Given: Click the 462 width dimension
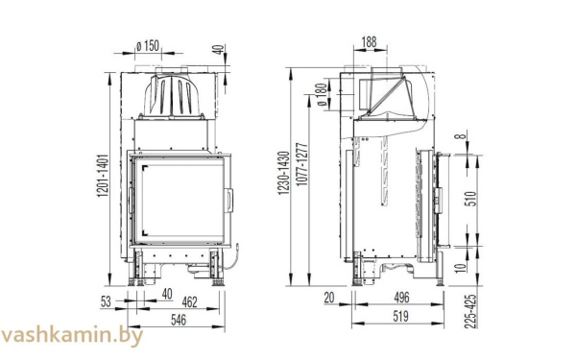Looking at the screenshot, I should point(189,303).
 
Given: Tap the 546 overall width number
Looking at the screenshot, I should point(179,320).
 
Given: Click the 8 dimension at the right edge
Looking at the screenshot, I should point(468,137).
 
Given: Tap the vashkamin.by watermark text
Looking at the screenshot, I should point(73,336).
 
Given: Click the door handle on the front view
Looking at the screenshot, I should point(228,201).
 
